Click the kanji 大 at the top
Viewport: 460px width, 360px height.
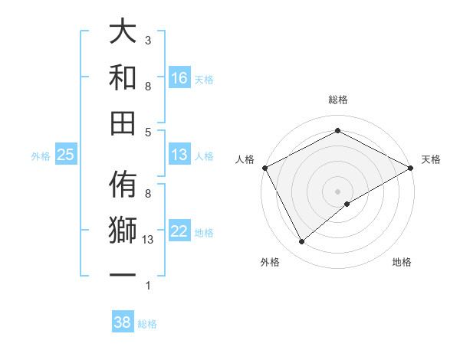pos(123,33)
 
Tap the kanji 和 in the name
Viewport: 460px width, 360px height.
pos(123,77)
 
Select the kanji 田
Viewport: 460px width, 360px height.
pos(123,123)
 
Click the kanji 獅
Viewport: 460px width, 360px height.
pos(123,230)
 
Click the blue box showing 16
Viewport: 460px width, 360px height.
pos(179,78)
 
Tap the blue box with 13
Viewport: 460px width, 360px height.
pos(179,155)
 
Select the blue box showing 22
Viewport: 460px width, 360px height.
pos(179,232)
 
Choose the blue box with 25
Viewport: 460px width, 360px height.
pos(66,155)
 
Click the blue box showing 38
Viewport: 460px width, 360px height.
pos(123,322)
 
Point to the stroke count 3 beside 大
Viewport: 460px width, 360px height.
pos(148,41)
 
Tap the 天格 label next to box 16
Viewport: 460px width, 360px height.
pos(204,80)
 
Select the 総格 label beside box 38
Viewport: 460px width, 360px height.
pos(147,324)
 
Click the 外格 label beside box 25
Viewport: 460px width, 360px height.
pos(41,156)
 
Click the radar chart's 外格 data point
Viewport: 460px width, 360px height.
pos(302,242)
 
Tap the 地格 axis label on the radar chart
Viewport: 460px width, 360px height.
pos(402,262)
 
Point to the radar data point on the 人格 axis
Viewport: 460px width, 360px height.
pos(264,168)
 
